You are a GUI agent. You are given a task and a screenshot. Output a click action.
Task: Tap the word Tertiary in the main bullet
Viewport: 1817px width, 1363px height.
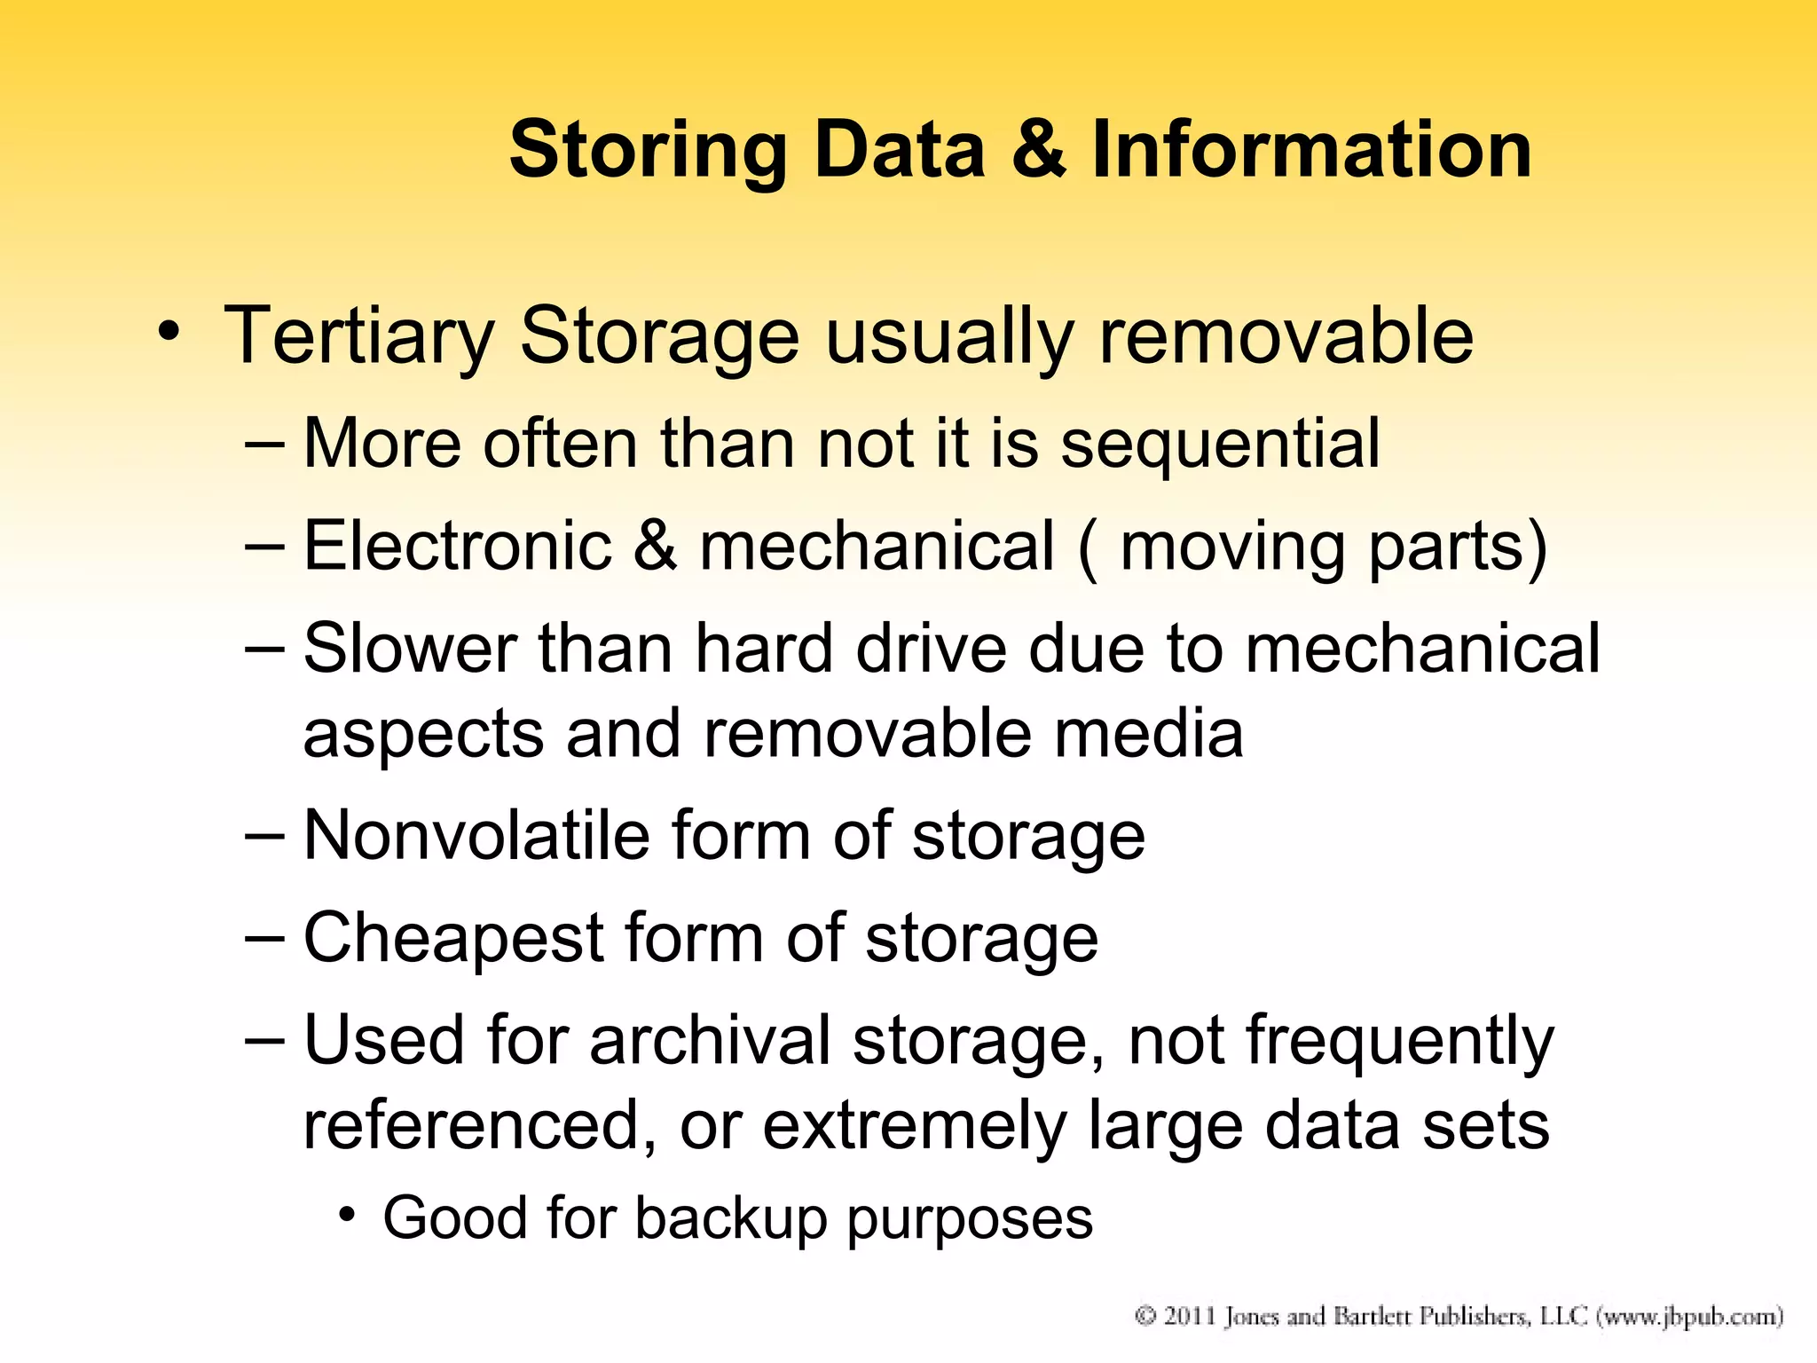[x=358, y=337]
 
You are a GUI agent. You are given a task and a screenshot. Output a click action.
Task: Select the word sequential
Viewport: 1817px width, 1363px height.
[x=1220, y=443]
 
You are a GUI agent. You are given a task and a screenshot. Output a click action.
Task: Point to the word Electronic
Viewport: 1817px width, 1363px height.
[x=458, y=545]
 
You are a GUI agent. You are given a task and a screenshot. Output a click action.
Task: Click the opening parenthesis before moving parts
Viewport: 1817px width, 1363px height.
[x=1088, y=548]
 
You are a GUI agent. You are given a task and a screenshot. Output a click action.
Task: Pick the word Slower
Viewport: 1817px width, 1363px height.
[x=410, y=648]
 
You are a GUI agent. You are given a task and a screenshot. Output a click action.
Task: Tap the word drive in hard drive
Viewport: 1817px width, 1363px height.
[x=931, y=648]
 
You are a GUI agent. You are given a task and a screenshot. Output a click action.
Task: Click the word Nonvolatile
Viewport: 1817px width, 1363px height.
[x=476, y=836]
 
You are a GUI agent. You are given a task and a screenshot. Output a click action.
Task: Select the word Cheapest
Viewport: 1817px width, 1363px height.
[x=453, y=939]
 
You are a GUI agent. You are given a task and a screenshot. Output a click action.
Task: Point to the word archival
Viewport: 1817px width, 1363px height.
[x=710, y=1040]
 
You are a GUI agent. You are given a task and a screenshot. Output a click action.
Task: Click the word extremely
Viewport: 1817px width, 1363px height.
[x=915, y=1125]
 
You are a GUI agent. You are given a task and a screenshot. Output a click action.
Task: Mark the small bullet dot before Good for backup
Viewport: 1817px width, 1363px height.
[x=347, y=1214]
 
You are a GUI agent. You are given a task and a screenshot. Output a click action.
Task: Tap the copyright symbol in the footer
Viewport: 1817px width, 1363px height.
[x=1145, y=1316]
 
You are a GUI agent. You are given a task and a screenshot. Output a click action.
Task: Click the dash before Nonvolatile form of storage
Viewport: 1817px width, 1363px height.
[x=264, y=835]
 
